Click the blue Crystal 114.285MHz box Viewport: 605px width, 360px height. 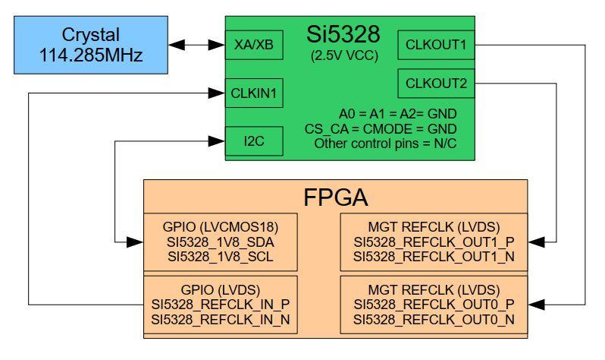click(91, 46)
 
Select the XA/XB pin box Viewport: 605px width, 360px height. click(254, 46)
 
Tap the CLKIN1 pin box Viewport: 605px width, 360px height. click(254, 93)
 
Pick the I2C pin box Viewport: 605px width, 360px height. click(254, 141)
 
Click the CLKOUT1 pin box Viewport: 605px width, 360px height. click(436, 45)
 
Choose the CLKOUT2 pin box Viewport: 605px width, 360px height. click(436, 83)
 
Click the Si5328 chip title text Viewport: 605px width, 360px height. click(343, 33)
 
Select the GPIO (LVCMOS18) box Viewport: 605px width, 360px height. click(221, 242)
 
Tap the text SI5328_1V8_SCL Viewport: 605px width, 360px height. click(221, 257)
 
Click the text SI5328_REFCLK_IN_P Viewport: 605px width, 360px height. click(221, 305)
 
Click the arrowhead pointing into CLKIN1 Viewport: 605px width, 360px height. click(218, 93)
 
